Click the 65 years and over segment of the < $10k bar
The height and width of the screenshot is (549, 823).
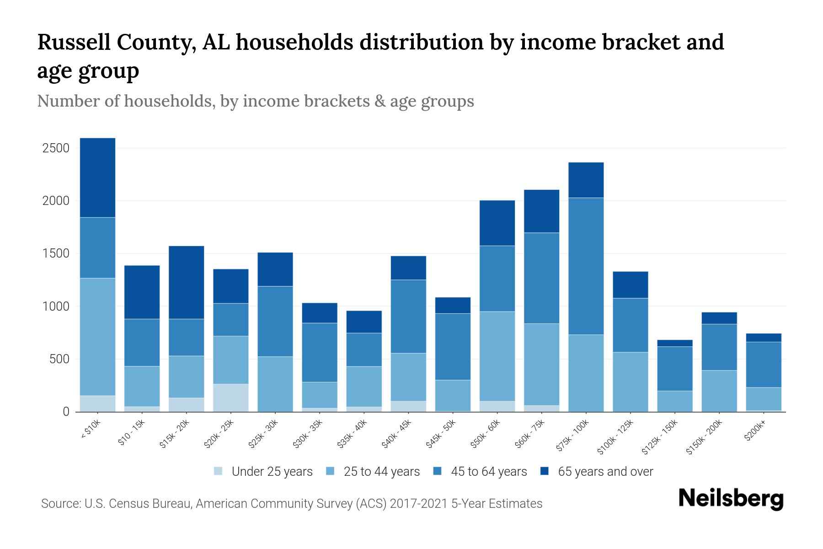click(x=97, y=178)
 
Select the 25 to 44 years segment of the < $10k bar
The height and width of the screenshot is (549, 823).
click(x=97, y=336)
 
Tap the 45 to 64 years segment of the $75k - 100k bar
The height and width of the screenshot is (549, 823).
click(x=586, y=266)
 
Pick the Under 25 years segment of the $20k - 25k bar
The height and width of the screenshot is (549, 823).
click(x=231, y=398)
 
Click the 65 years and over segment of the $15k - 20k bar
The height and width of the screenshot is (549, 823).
click(x=187, y=282)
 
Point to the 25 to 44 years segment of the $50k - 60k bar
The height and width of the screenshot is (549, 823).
click(x=497, y=356)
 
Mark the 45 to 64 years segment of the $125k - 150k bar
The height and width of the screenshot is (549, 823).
click(x=675, y=368)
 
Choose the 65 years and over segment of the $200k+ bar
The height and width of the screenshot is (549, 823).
click(x=764, y=338)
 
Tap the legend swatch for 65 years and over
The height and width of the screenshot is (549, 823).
click(x=545, y=471)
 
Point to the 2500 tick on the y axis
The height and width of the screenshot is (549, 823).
click(x=56, y=148)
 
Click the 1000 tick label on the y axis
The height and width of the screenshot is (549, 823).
click(x=56, y=307)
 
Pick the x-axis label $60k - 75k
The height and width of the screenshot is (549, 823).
click(x=529, y=433)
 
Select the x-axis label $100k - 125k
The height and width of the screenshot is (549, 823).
click(x=615, y=436)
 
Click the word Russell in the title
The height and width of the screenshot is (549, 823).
click(x=73, y=42)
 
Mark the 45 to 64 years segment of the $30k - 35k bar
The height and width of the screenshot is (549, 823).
click(x=320, y=352)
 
